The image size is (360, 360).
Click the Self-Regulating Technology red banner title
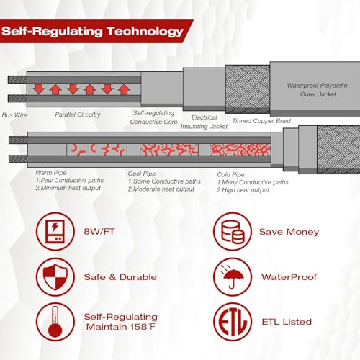pyautogui.click(x=92, y=32)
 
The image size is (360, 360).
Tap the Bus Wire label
pyautogui.click(x=14, y=115)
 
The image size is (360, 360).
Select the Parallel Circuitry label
pyautogui.click(x=78, y=114)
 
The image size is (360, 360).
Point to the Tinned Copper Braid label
pyautogui.click(x=261, y=121)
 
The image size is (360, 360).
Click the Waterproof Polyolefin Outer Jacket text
pyautogui.click(x=318, y=90)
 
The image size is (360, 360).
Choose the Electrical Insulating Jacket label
pyautogui.click(x=204, y=122)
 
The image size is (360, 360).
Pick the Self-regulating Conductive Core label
pyautogui.click(x=153, y=117)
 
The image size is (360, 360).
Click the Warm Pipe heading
pyautogui.click(x=51, y=173)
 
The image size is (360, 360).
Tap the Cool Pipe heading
pyautogui.click(x=142, y=174)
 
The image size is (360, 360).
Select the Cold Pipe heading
pyautogui.click(x=230, y=174)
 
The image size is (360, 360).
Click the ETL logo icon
pyautogui.click(x=233, y=322)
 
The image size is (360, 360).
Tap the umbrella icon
pyautogui.click(x=233, y=277)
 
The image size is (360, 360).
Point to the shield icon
pyautogui.click(x=55, y=277)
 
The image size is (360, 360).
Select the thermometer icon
pyautogui.click(x=55, y=322)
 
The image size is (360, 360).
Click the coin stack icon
pyautogui.click(x=233, y=232)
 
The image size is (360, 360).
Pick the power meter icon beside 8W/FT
pyautogui.click(x=55, y=232)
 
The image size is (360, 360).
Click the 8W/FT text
pyautogui.click(x=99, y=232)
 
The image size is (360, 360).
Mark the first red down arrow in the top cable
pyautogui.click(x=39, y=89)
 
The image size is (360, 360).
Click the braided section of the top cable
pyautogui.click(x=248, y=89)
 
